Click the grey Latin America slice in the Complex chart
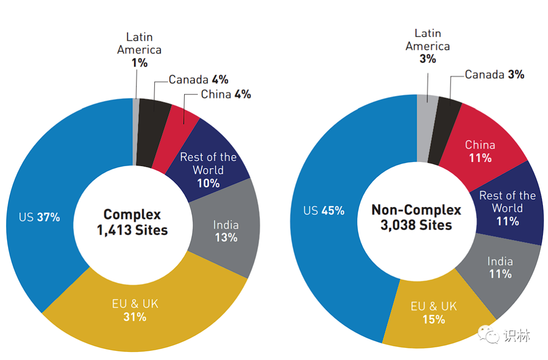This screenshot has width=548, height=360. pos(135,132)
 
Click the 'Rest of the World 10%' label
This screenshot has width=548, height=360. pos(209,170)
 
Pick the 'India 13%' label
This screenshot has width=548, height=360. pos(226,231)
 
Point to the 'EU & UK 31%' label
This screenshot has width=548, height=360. pos(135,310)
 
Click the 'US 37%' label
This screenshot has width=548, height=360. pos(40,217)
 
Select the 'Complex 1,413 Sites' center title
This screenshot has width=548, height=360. pos(132,222)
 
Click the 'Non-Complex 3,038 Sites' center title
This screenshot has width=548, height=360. pos(416,217)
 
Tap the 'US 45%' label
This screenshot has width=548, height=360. pos(324,210)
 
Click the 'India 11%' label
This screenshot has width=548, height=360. pos(500,268)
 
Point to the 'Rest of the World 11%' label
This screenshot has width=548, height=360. pos(507,208)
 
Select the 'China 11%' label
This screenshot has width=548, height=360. pos(480,151)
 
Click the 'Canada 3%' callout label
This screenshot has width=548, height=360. pos(494,75)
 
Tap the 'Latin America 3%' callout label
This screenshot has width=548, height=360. pos(428,46)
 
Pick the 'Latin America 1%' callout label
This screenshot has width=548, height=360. pos(139,50)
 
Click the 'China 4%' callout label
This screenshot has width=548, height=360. pos(226,94)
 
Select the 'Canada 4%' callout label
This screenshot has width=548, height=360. pos(198,80)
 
